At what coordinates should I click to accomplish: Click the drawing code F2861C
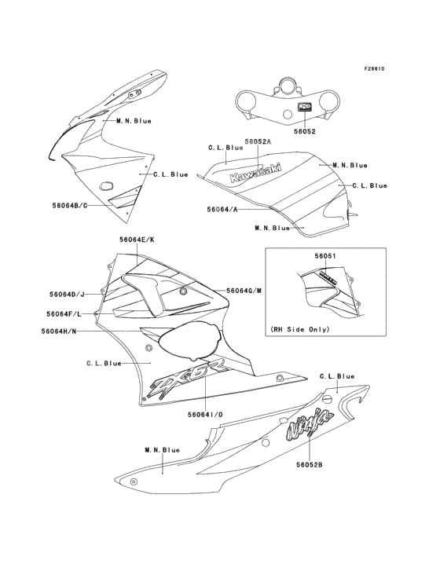pos(374,69)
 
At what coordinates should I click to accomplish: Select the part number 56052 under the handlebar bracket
pos(304,131)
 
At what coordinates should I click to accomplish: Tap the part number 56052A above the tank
pos(258,141)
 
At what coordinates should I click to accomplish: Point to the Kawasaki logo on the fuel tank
pos(255,173)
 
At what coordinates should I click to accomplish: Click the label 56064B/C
pos(70,205)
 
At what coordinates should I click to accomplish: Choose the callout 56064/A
pos(222,209)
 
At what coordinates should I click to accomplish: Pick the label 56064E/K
pos(137,240)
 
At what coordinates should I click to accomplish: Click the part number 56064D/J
pos(67,294)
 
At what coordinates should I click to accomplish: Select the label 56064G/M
pos(244,291)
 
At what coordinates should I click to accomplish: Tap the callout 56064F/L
pos(64,314)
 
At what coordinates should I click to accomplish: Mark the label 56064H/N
pos(59,331)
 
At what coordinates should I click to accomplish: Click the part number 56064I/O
pos(205,415)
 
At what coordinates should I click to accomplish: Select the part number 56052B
pos(310,464)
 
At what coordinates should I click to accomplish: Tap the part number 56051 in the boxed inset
pos(324,256)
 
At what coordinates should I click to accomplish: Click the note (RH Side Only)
pos(300,329)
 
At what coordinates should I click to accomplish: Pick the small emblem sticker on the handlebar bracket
pos(304,107)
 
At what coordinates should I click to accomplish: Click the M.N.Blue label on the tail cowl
pos(162,450)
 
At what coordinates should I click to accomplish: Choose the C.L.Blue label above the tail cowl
pos(337,376)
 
